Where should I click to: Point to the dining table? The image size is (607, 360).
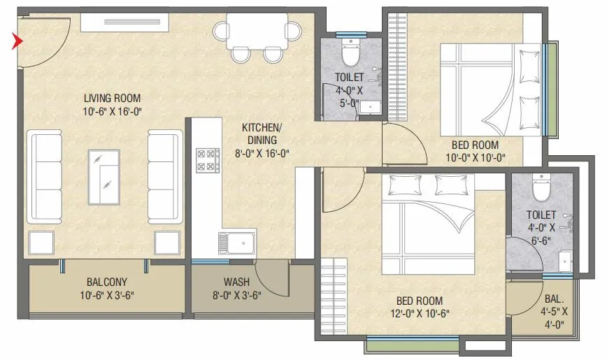256,32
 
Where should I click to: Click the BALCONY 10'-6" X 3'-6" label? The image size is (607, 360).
106,288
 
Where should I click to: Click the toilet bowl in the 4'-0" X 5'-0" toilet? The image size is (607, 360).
349,52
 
